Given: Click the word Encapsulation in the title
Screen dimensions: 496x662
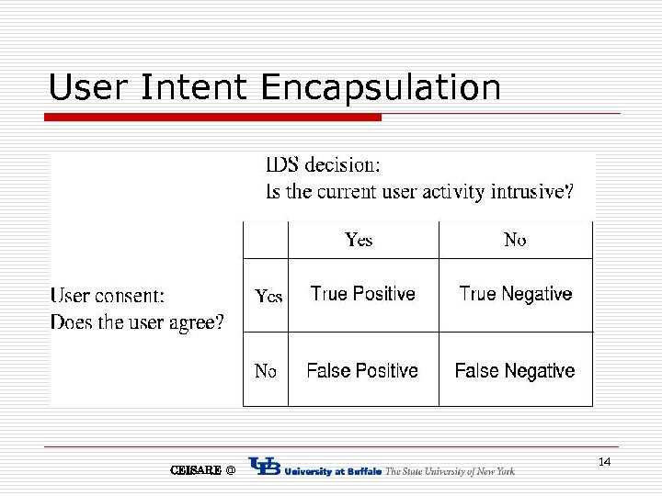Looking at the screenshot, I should [381, 88].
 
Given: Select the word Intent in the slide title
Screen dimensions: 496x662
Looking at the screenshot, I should [194, 87].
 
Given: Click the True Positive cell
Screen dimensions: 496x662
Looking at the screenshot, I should [362, 294].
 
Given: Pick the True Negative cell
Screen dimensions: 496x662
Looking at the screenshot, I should [515, 294].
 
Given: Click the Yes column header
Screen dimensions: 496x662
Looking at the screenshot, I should [359, 240].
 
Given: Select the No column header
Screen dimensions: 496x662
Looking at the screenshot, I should [515, 240].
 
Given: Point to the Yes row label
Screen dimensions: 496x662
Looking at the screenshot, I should [268, 296].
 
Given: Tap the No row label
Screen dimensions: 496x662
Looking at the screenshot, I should [265, 371].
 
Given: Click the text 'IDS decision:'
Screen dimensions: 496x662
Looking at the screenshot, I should [322, 165].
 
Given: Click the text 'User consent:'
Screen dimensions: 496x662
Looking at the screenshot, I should [108, 296].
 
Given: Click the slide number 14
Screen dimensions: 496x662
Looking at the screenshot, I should [604, 461].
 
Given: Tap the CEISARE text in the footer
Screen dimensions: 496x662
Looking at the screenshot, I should [195, 470].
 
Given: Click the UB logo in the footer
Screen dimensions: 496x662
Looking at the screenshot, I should [265, 468].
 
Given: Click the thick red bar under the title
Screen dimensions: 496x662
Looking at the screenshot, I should [213, 118].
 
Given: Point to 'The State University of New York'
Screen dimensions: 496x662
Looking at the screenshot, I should [450, 471].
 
